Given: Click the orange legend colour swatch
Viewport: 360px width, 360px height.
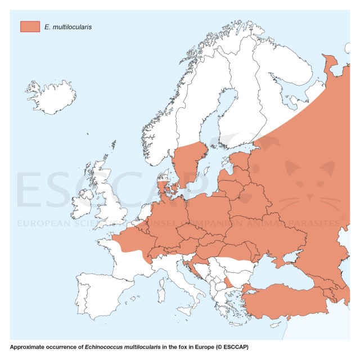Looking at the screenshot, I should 30,26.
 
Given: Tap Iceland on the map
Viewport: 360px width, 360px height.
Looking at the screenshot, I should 51,91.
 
